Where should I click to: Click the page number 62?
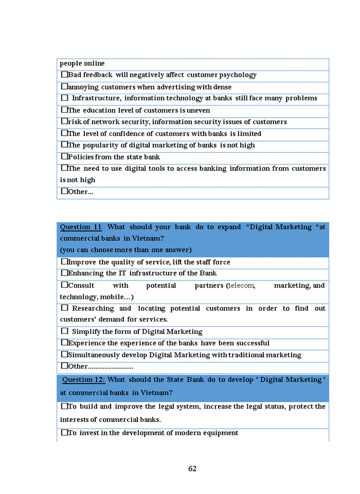192,469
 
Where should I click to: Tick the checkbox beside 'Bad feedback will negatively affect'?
64,75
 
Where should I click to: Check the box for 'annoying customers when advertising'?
64,86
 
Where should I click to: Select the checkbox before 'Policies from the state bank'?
64,156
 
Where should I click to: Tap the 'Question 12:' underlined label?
84,380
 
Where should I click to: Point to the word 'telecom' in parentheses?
241,286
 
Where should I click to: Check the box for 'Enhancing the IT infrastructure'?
64,273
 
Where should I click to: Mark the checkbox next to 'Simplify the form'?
64,331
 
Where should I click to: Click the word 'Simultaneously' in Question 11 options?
93,355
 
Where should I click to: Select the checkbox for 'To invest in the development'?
64,433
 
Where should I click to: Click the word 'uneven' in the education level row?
199,110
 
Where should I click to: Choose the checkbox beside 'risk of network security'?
64,121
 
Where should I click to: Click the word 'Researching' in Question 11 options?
93,308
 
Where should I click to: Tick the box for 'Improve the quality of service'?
64,261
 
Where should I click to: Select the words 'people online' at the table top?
82,63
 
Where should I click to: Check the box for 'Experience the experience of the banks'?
64,343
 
